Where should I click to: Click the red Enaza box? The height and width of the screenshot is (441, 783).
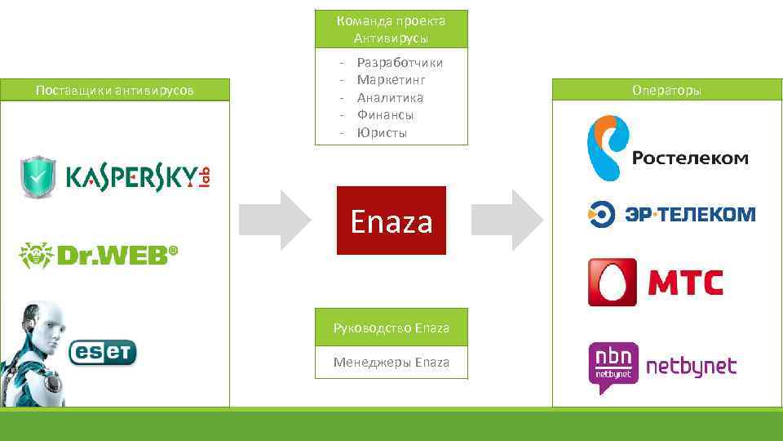(x=391, y=220)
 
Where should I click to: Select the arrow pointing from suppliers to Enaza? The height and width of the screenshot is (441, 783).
(x=276, y=220)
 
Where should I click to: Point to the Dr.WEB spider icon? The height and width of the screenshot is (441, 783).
(x=37, y=256)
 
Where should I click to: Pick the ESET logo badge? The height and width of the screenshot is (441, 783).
(x=103, y=352)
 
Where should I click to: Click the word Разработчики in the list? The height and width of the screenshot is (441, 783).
(x=400, y=63)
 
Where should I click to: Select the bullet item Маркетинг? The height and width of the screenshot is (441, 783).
(x=391, y=80)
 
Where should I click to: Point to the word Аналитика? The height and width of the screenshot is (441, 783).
(x=390, y=98)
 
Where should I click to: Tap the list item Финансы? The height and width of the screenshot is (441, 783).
(x=385, y=115)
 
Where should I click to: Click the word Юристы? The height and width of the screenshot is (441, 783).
(x=382, y=132)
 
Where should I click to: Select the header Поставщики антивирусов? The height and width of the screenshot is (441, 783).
(x=115, y=90)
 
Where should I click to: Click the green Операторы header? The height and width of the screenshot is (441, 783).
(x=666, y=90)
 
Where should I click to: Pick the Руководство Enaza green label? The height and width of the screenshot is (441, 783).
(x=391, y=327)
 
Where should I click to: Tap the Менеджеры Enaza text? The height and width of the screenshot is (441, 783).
(x=391, y=362)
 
